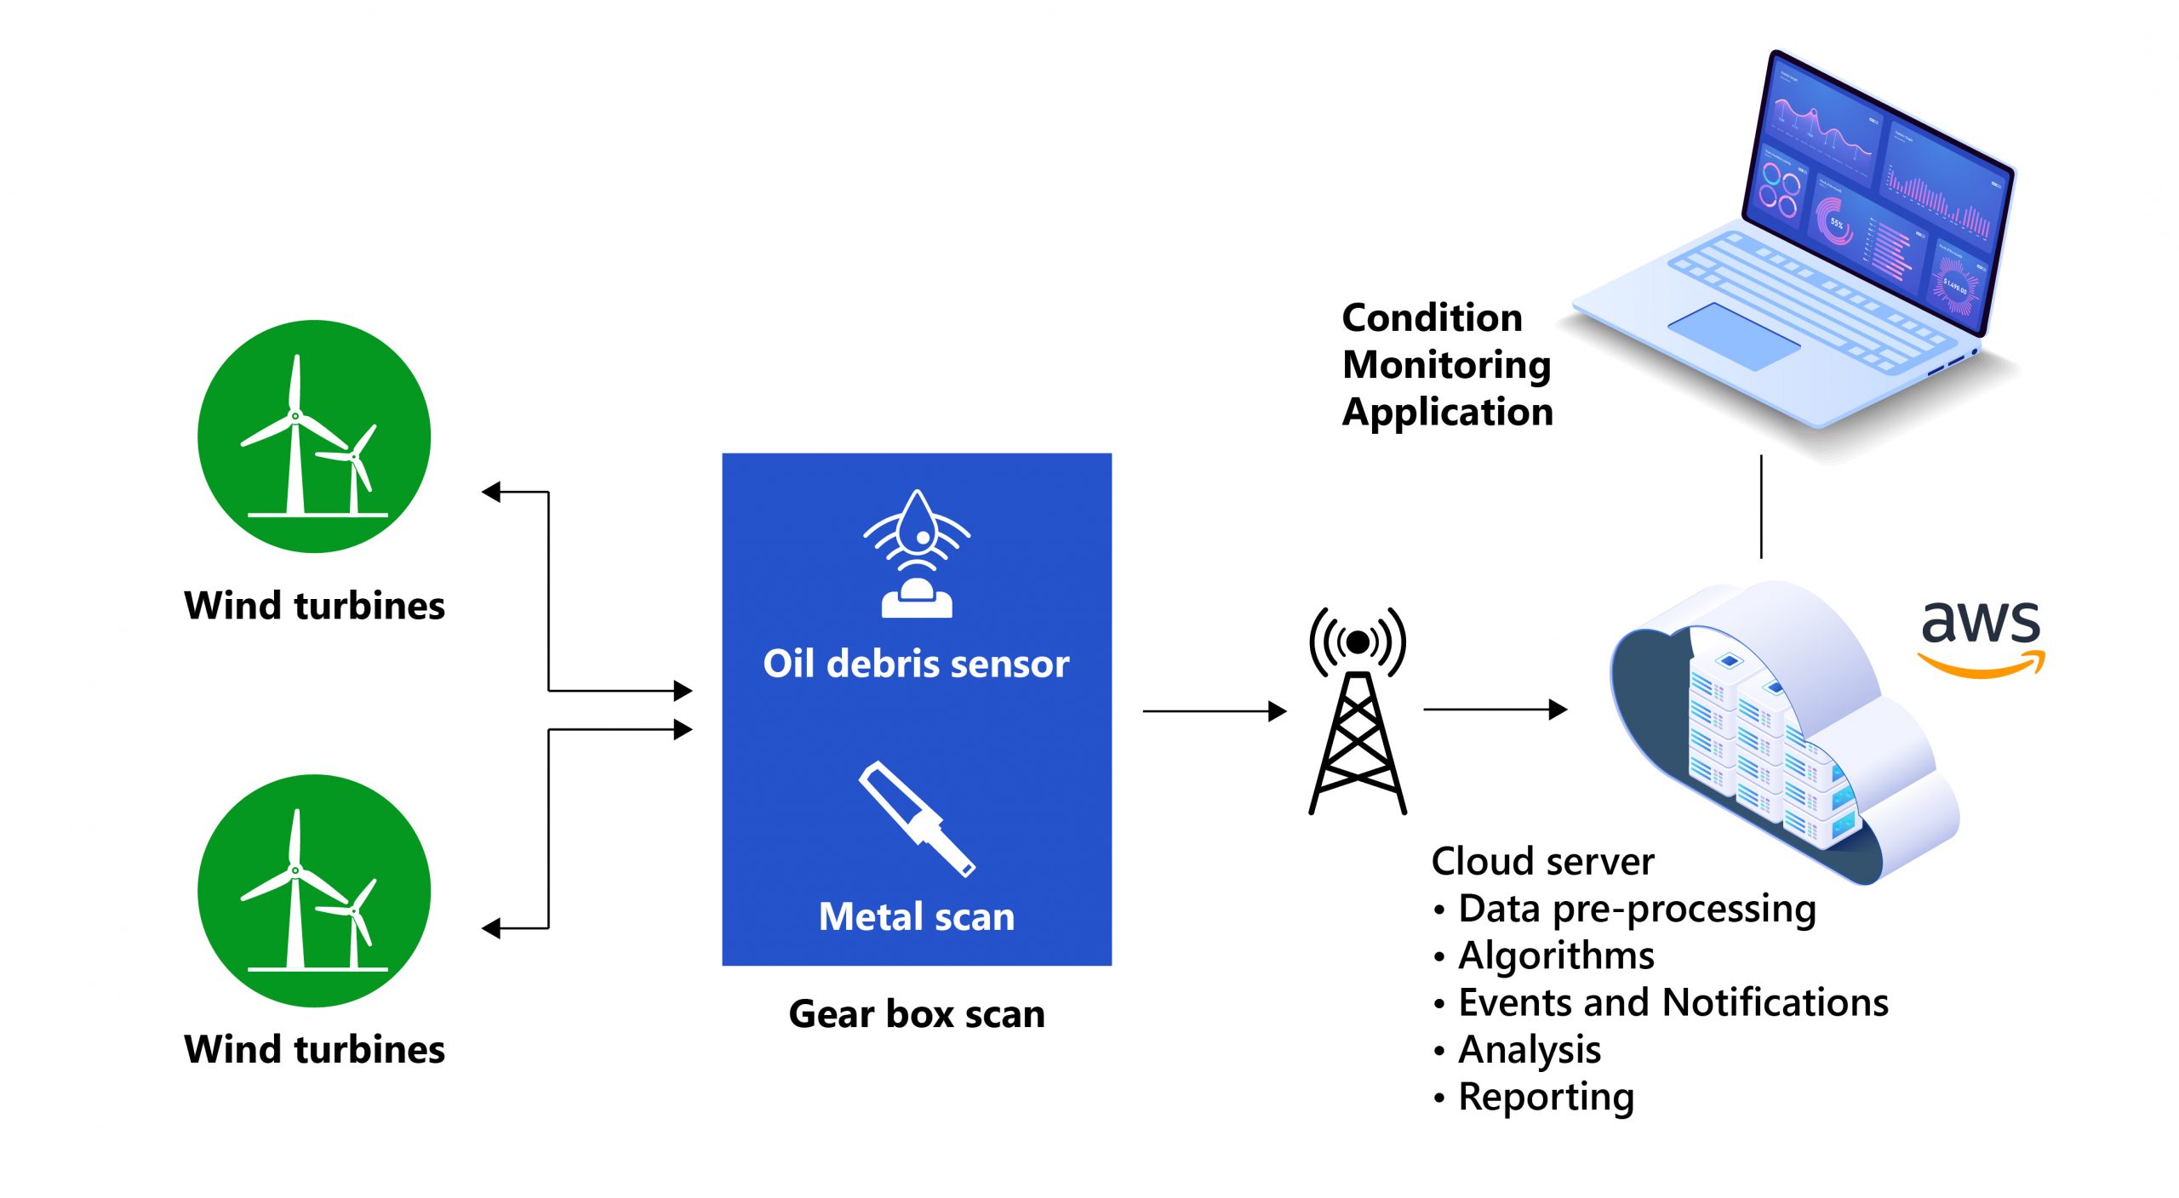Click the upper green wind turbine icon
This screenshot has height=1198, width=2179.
point(314,436)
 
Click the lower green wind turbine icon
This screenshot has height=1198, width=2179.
point(314,890)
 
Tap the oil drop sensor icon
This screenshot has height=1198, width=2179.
point(917,553)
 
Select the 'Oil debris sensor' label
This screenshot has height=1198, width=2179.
point(916,664)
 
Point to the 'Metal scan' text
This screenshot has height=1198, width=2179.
point(917,917)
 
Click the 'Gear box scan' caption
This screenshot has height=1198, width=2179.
point(917,1014)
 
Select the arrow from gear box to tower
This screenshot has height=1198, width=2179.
point(1214,710)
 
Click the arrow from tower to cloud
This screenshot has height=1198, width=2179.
point(1495,709)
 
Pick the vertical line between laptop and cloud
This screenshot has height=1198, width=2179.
point(1761,506)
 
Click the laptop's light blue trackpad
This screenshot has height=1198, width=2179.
point(1734,335)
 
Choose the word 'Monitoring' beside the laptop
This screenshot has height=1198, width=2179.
point(1447,365)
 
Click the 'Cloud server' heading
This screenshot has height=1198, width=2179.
point(1542,862)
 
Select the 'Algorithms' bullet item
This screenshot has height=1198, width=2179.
point(1556,956)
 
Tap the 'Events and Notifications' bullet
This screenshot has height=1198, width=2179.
point(1673,1002)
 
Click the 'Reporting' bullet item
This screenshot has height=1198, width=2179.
point(1546,1097)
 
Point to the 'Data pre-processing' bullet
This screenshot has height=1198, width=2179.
point(1637,909)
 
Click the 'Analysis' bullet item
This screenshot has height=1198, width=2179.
point(1530,1050)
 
